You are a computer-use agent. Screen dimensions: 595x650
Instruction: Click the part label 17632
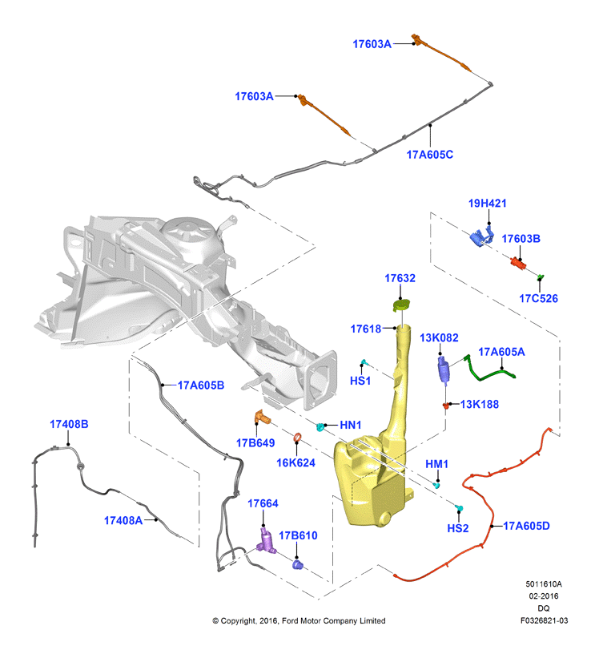[x=400, y=278]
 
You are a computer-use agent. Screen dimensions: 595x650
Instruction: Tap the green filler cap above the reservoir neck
[x=400, y=305]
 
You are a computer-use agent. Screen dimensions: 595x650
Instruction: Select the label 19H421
[x=488, y=204]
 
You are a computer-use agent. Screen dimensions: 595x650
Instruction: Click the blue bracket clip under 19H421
[x=482, y=236]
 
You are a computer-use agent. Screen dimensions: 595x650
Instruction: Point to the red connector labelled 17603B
[x=518, y=263]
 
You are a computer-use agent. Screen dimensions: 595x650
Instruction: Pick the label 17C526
[x=538, y=298]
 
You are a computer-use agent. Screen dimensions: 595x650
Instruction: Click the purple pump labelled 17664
[x=266, y=541]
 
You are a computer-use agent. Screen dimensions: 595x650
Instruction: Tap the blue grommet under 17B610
[x=297, y=564]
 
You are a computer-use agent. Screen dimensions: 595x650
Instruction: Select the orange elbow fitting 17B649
[x=262, y=417]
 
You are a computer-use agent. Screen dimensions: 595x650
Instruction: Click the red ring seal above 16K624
[x=297, y=438]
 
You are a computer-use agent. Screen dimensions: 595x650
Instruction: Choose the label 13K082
[x=439, y=338]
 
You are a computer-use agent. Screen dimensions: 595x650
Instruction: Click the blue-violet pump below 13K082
[x=443, y=369]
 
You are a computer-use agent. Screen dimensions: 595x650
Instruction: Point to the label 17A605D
[x=526, y=526]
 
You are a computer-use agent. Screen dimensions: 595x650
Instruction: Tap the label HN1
[x=350, y=425]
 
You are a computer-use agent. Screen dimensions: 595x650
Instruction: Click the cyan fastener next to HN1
[x=320, y=426]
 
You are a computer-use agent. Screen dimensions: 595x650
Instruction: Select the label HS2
[x=457, y=528]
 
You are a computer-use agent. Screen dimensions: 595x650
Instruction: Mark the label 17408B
[x=69, y=425]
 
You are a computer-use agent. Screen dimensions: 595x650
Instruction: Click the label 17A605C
[x=429, y=155]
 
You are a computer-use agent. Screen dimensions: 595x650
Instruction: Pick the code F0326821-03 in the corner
[x=544, y=620]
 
